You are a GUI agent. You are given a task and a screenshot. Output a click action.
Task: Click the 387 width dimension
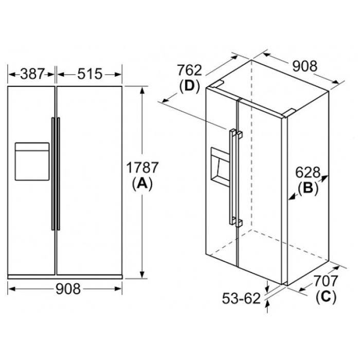32,74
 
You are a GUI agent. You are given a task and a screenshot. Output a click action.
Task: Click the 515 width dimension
89,74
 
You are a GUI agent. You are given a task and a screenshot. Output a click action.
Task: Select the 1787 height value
142,168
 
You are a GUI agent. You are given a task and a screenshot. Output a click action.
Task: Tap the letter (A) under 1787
142,184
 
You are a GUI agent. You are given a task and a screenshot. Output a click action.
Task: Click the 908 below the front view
68,289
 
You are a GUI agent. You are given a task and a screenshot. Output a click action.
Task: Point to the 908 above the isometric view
305,66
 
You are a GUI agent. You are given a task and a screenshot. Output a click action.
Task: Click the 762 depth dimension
189,70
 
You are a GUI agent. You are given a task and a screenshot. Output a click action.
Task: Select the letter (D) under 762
189,86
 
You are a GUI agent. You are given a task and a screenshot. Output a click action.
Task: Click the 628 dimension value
308,172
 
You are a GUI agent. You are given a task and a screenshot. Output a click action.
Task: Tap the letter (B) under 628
308,188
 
